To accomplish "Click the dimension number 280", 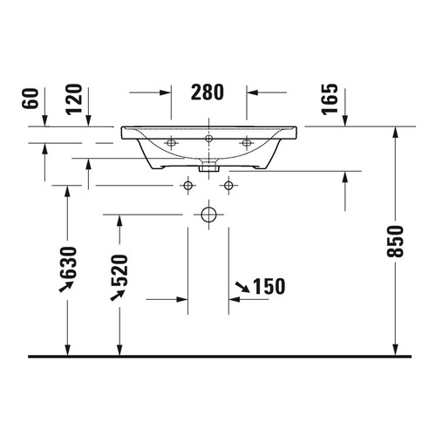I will point(208,92).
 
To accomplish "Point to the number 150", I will point(269,287).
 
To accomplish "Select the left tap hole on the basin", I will point(171,141).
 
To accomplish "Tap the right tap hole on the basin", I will point(246,141).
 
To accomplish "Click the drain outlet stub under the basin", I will point(208,166).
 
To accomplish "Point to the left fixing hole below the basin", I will point(187,185).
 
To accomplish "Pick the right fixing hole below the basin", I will point(228,185).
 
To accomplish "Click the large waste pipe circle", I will point(208,214).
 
